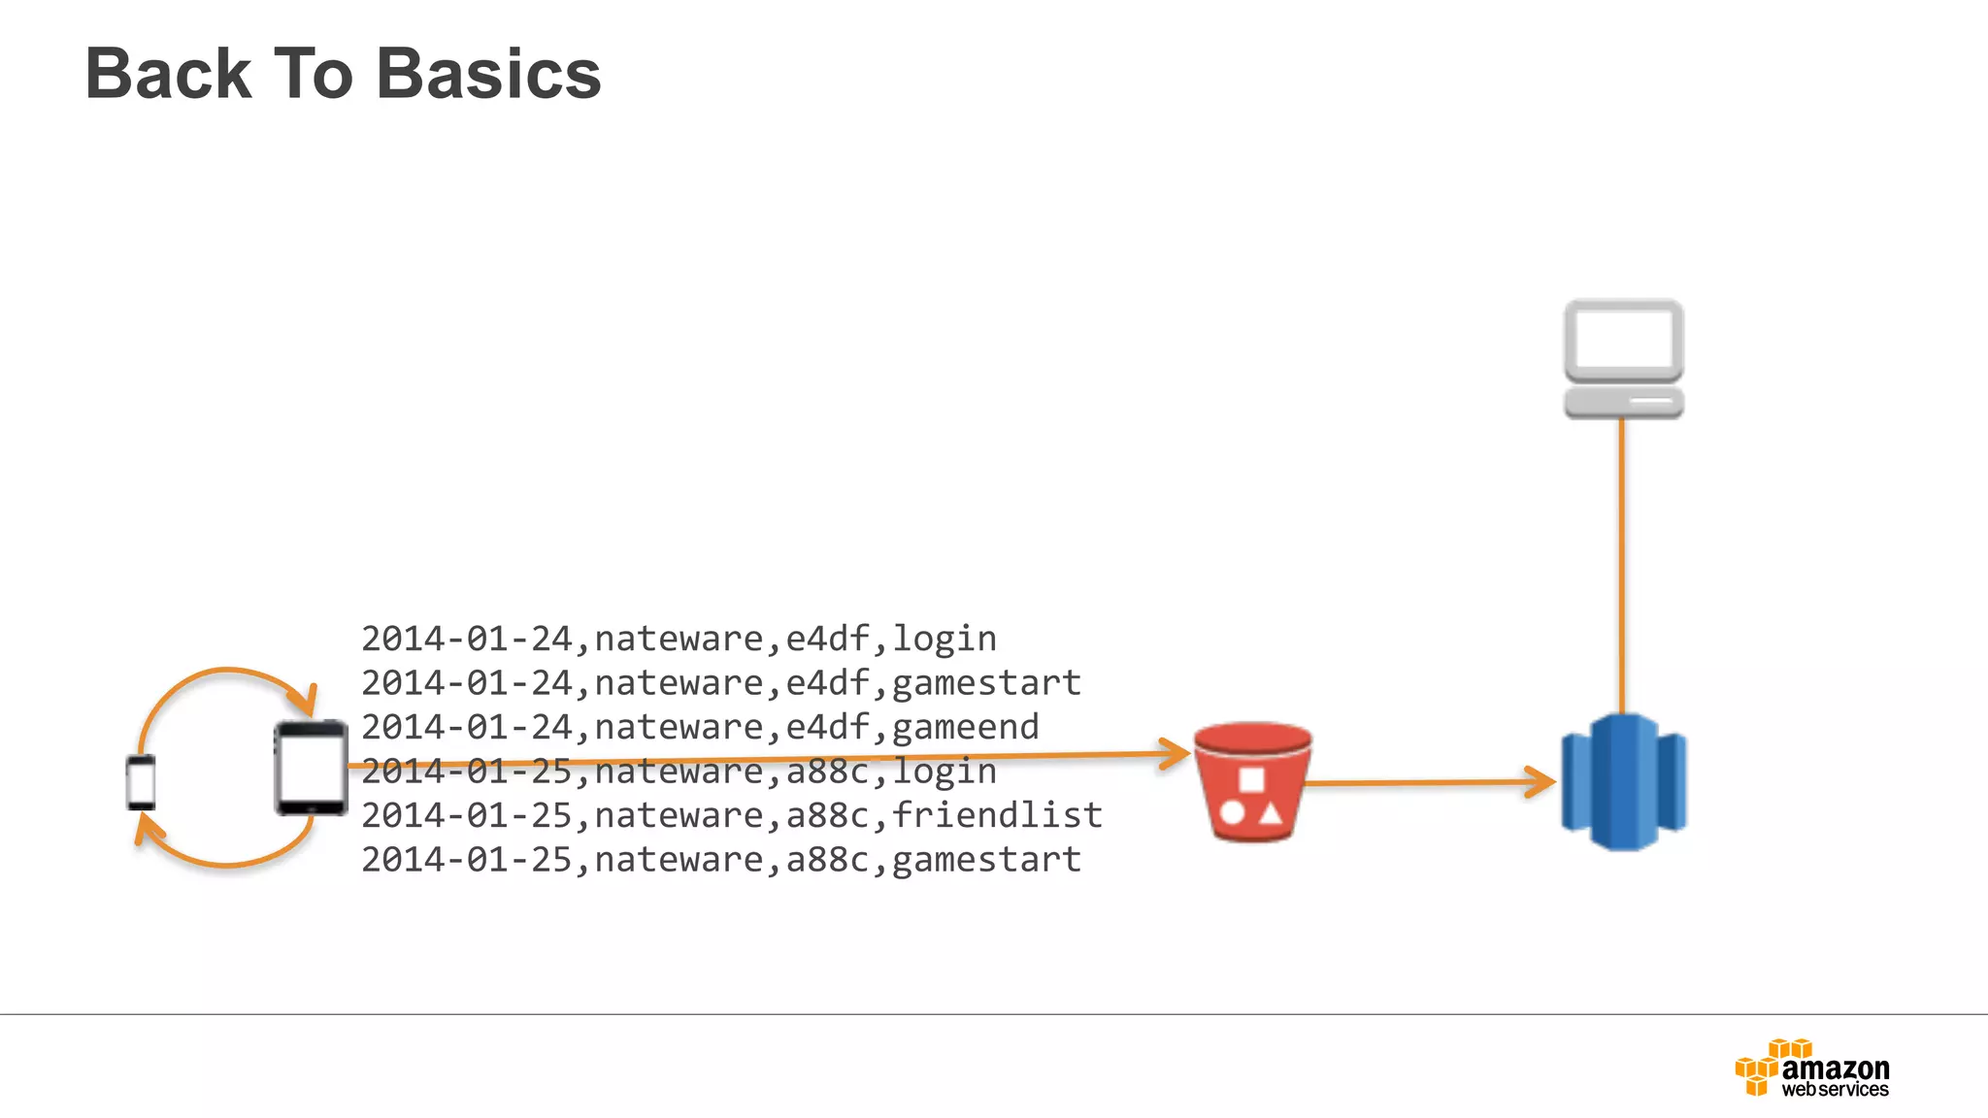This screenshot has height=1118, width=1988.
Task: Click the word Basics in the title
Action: click(488, 75)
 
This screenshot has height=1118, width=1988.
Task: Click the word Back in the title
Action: click(169, 75)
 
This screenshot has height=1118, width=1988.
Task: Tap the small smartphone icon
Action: click(141, 782)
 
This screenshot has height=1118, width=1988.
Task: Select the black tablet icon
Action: click(311, 768)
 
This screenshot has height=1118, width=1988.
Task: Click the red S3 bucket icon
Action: click(1252, 782)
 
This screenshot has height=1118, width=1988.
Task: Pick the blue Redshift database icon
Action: click(1623, 782)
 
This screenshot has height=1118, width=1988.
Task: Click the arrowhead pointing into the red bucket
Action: click(1176, 753)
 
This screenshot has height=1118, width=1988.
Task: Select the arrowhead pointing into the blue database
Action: click(1541, 781)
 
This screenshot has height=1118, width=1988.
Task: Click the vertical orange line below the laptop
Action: click(1622, 563)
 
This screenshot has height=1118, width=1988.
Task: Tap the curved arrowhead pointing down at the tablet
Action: click(307, 700)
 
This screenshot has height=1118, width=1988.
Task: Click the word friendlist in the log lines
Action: click(996, 815)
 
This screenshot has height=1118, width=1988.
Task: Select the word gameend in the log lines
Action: click(965, 727)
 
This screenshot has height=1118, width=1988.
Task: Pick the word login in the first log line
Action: click(944, 639)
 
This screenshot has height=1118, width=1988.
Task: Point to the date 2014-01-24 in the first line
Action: click(467, 639)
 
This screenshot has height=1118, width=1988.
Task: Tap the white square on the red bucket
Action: click(1251, 779)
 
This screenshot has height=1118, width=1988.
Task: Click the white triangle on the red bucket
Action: click(1271, 812)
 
